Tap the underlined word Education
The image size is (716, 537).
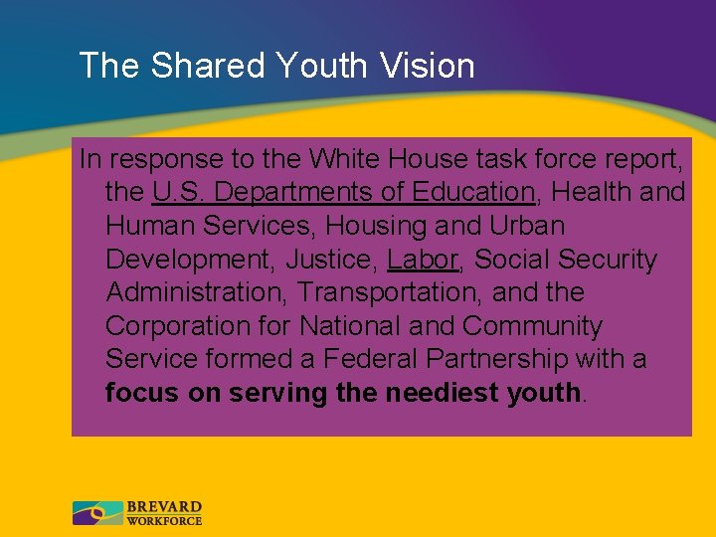coord(468,192)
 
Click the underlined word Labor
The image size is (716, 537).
coord(423,260)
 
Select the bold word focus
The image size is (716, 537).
coord(143,393)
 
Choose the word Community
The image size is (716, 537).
coord(532,327)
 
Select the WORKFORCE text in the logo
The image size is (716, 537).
coord(164,520)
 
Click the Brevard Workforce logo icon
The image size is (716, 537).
coord(97,513)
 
